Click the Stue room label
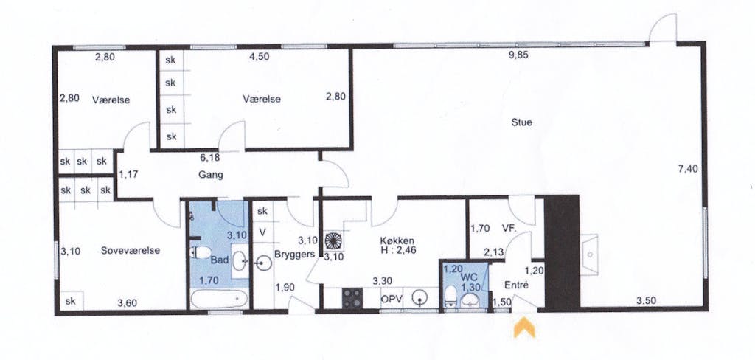click(x=521, y=122)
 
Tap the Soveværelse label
click(x=131, y=251)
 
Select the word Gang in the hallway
click(x=211, y=175)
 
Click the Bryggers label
click(x=295, y=254)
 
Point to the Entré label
click(x=516, y=285)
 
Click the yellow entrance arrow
click(x=524, y=328)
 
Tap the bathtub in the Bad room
click(x=219, y=300)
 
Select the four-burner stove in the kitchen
click(x=352, y=297)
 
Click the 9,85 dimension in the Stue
click(x=519, y=55)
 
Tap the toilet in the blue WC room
click(x=451, y=296)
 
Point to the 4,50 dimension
click(x=259, y=56)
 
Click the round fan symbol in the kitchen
click(x=333, y=240)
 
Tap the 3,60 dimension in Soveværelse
click(x=128, y=303)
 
